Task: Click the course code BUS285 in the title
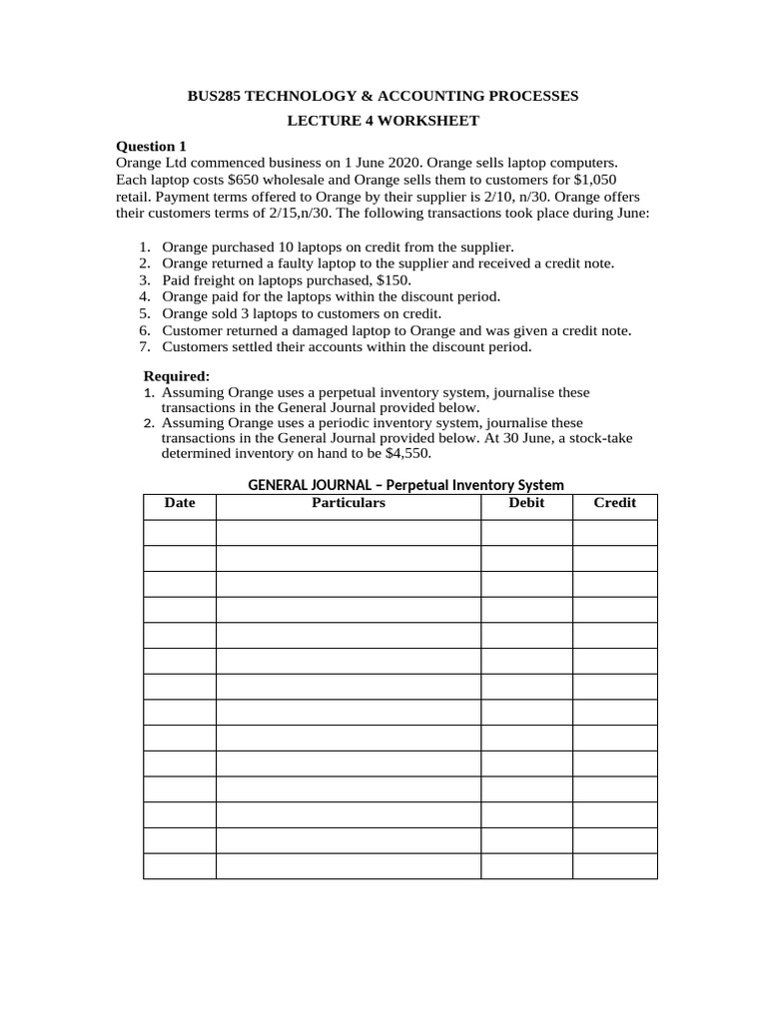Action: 215,96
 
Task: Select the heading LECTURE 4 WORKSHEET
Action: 383,121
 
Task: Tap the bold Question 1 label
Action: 152,146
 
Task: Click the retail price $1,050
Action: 603,179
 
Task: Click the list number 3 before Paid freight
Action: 144,280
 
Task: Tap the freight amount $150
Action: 390,280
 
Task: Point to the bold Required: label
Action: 177,376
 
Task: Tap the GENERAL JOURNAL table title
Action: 405,485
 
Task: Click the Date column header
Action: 180,503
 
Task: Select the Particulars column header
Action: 349,503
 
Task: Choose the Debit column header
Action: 526,503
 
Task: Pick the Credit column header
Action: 615,503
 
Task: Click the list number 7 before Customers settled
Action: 144,347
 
